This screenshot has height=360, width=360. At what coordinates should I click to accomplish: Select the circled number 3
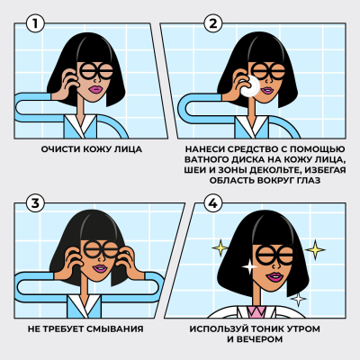click(x=33, y=203)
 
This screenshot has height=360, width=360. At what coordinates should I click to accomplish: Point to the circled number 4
click(x=213, y=204)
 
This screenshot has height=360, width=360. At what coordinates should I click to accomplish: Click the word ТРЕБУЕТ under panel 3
click(x=75, y=329)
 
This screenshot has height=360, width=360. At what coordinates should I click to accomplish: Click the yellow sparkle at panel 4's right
click(x=315, y=249)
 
